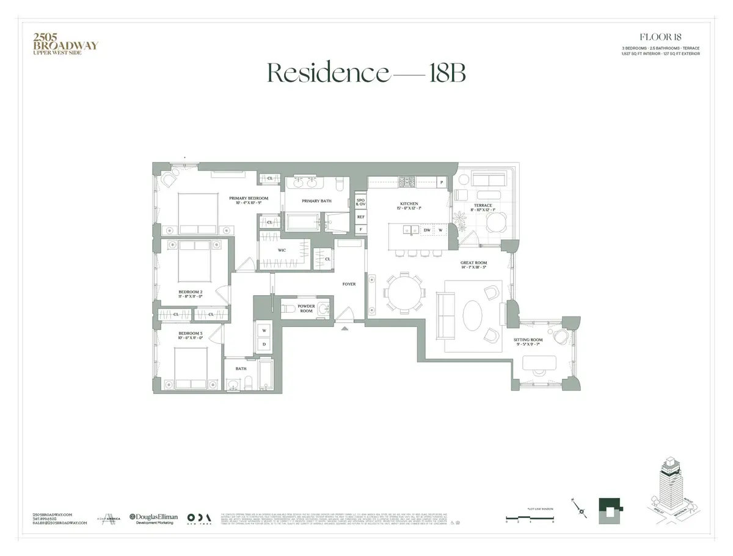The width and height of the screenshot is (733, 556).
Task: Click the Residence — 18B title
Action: pos(366,73)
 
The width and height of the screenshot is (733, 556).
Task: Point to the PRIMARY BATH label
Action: pos(316,201)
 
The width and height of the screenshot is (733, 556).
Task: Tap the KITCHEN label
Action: pos(409,203)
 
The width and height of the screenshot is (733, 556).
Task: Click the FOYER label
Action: pos(349,284)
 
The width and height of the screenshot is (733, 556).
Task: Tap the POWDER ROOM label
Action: pos(306,309)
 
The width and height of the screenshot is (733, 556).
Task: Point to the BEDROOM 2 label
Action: pos(191,292)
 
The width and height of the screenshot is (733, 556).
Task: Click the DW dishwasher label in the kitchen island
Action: pos(428,230)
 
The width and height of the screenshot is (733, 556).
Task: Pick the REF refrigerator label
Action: pos(361,217)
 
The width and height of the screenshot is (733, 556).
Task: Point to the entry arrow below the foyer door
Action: pos(346,328)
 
